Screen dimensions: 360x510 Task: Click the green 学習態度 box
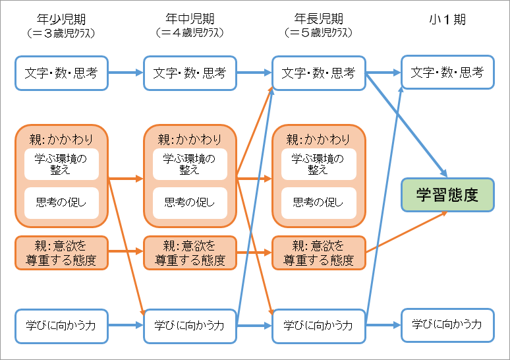tap(447, 195)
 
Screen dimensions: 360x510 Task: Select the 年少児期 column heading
tap(61, 20)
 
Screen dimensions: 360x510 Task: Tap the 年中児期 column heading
tap(190, 20)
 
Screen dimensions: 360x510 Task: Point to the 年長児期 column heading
tap(318, 20)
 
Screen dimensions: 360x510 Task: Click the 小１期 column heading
tap(447, 20)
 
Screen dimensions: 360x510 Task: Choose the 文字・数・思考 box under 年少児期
tap(61, 73)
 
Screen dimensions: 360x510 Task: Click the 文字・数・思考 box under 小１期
tap(447, 73)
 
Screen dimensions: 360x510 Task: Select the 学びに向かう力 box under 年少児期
tap(61, 325)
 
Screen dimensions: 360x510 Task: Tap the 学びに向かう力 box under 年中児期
tap(190, 325)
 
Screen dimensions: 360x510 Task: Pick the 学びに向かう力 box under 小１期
tap(447, 325)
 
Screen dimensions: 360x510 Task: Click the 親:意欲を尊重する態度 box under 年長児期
tap(318, 253)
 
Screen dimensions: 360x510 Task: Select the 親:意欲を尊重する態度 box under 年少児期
tap(61, 253)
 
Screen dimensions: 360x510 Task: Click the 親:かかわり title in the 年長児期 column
tap(318, 139)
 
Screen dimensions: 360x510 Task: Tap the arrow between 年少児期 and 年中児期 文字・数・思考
tap(125, 73)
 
